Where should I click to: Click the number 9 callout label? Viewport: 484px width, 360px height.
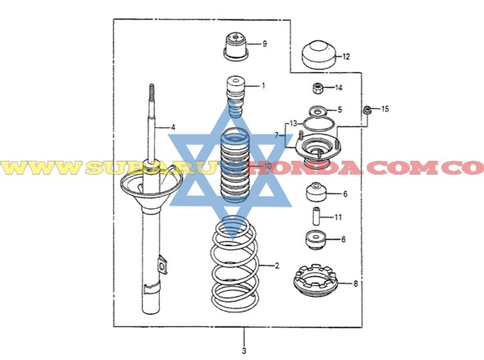264,43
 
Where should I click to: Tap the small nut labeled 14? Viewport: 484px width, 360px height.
317,87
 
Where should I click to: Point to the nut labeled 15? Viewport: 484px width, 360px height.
368,110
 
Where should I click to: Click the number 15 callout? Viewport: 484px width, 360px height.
386,109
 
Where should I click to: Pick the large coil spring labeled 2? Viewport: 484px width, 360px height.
235,267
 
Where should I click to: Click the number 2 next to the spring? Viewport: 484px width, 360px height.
277,266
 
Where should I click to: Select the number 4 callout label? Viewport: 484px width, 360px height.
173,127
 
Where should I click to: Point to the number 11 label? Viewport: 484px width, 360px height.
339,217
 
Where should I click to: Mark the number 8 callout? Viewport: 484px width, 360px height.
355,284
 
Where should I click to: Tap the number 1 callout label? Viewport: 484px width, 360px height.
263,85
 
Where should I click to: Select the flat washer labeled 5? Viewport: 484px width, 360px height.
315,112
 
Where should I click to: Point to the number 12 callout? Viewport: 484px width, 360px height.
346,57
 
